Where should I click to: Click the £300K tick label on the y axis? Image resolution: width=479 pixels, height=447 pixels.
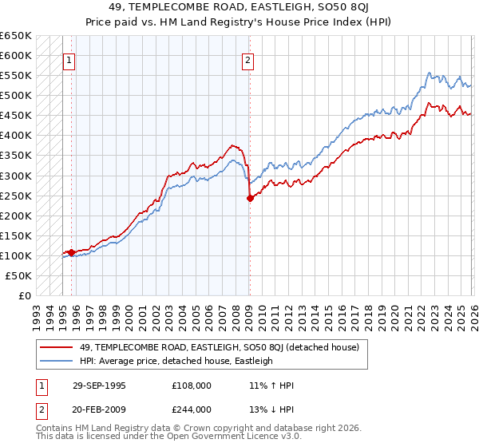[x=15, y=176]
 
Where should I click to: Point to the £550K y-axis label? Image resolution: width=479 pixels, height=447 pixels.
[x=15, y=76]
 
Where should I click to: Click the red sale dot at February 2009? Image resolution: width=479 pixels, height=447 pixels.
[x=250, y=198]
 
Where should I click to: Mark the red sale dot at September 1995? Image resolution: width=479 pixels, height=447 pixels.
[x=72, y=252]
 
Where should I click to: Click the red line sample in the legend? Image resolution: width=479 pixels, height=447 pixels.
[x=56, y=347]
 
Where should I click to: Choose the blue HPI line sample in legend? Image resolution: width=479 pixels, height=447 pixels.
[x=56, y=361]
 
